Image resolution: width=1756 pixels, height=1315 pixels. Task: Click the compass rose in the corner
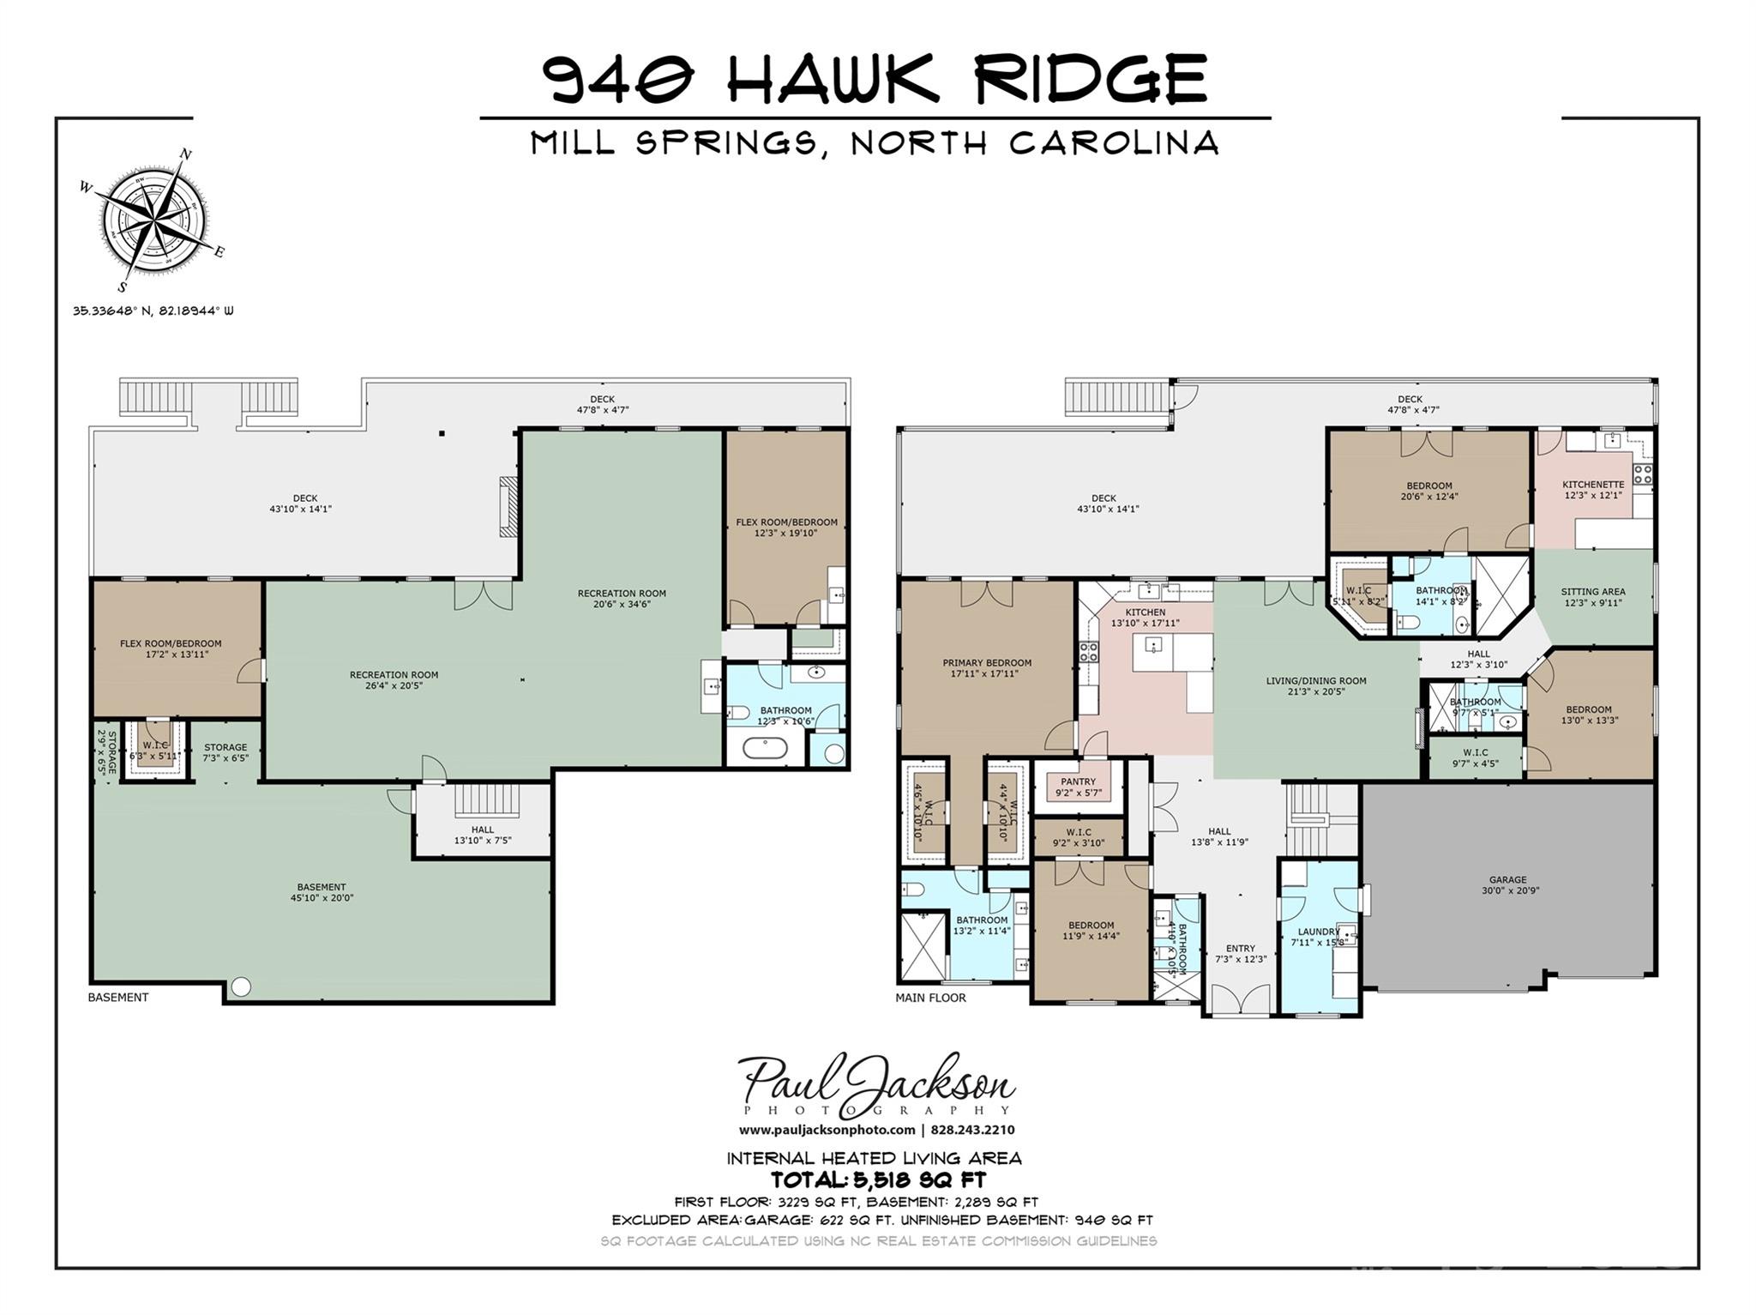tap(153, 220)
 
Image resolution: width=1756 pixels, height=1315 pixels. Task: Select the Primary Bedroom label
tap(987, 668)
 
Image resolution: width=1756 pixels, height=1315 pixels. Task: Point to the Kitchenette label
tap(1593, 490)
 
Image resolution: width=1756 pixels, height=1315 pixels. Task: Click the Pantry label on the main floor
tap(1078, 787)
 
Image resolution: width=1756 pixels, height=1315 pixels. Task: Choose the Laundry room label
tap(1319, 937)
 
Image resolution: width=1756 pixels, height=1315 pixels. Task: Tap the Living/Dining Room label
tap(1316, 686)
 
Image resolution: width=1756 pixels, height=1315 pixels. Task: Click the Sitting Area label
tap(1593, 597)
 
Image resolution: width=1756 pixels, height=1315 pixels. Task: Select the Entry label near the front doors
tap(1241, 954)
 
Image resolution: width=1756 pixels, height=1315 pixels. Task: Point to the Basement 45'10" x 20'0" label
tap(322, 893)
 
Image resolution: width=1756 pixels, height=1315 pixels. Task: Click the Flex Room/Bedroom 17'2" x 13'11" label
tap(171, 649)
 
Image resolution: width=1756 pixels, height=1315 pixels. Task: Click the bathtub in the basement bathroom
tap(765, 749)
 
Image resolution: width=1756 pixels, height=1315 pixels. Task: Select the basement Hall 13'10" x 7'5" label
tap(483, 835)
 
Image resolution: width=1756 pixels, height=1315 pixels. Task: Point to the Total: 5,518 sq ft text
tap(878, 1180)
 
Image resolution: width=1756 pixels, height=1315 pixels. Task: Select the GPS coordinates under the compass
tap(153, 311)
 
